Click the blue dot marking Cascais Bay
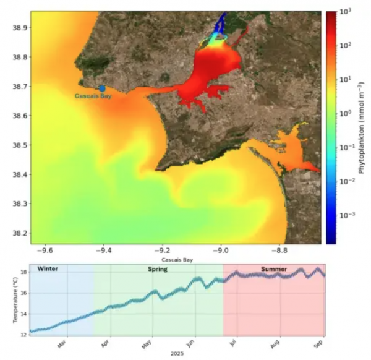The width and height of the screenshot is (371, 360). coord(102,88)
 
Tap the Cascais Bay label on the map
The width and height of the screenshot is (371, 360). coord(93,96)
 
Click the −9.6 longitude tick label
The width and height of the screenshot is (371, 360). coord(45,251)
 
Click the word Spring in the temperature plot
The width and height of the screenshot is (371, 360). coord(158,270)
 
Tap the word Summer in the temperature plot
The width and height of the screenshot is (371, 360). coord(273,270)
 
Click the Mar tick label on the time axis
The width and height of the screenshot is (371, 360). coord(62,343)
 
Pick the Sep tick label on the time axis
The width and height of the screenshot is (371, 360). coord(317,343)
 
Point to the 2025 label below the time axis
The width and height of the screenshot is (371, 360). coord(177,355)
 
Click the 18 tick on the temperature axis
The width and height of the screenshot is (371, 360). coord(23,272)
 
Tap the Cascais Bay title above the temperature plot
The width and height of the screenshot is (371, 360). coord(177,260)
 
